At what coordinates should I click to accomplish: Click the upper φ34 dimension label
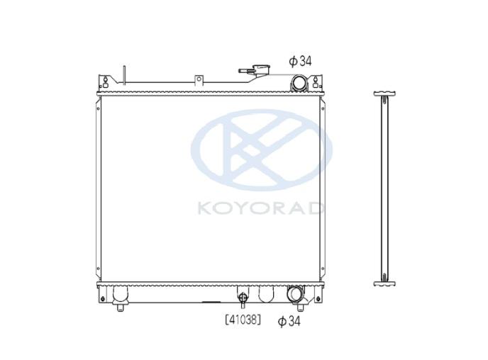coord(300,61)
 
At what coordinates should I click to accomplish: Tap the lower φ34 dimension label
coord(289,321)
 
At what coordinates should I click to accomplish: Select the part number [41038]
coord(243,320)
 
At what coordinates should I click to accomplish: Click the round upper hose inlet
coord(298,83)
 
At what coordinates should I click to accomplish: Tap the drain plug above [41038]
coord(243,299)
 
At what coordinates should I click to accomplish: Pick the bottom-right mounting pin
coord(300,307)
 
